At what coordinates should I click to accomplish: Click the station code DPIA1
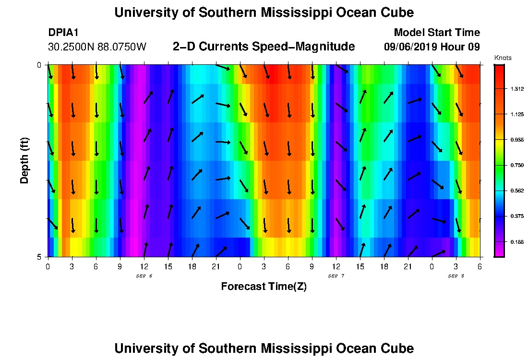click(63, 33)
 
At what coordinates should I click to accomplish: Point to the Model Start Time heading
click(436, 33)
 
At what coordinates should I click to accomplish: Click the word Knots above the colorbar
click(503, 58)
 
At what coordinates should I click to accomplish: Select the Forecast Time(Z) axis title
click(264, 287)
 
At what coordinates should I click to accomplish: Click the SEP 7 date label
click(336, 276)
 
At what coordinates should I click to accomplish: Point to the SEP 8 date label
click(456, 276)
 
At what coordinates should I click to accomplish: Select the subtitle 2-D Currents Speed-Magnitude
click(264, 47)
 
